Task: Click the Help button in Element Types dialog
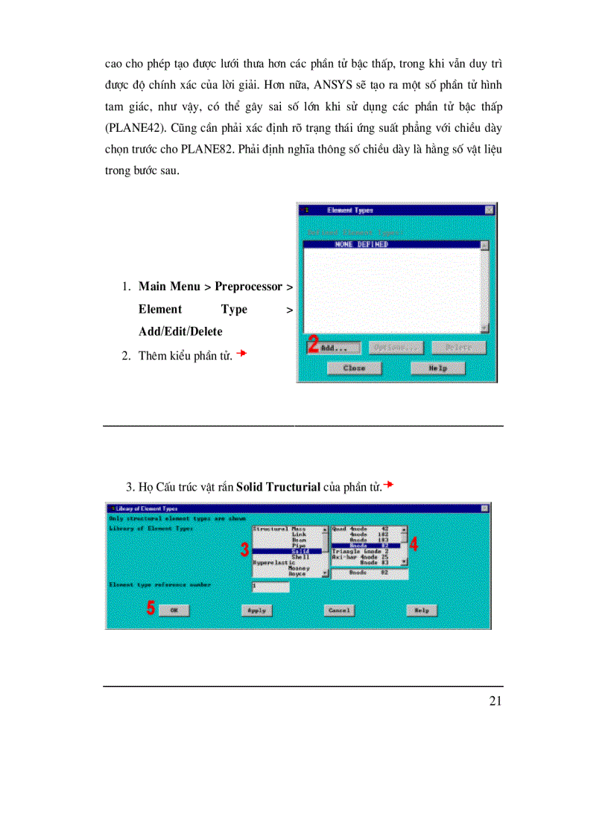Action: (x=438, y=368)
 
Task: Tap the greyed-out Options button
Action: (x=397, y=348)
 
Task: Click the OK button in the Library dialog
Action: (x=174, y=610)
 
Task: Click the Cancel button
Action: (x=339, y=610)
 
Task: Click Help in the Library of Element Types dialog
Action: (x=422, y=610)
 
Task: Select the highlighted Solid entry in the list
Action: (x=289, y=551)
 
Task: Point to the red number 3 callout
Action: (x=244, y=550)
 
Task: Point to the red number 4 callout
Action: (x=414, y=544)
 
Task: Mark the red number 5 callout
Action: (x=151, y=608)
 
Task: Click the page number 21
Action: (x=495, y=701)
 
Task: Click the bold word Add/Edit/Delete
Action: (x=180, y=331)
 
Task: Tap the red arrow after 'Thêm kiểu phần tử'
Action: (x=241, y=354)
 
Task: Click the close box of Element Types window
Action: (x=489, y=211)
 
